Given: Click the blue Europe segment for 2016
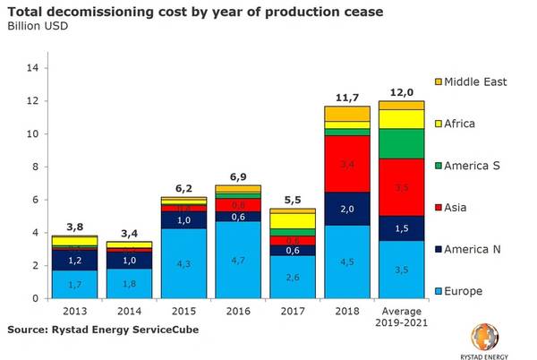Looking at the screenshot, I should tap(238, 261).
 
